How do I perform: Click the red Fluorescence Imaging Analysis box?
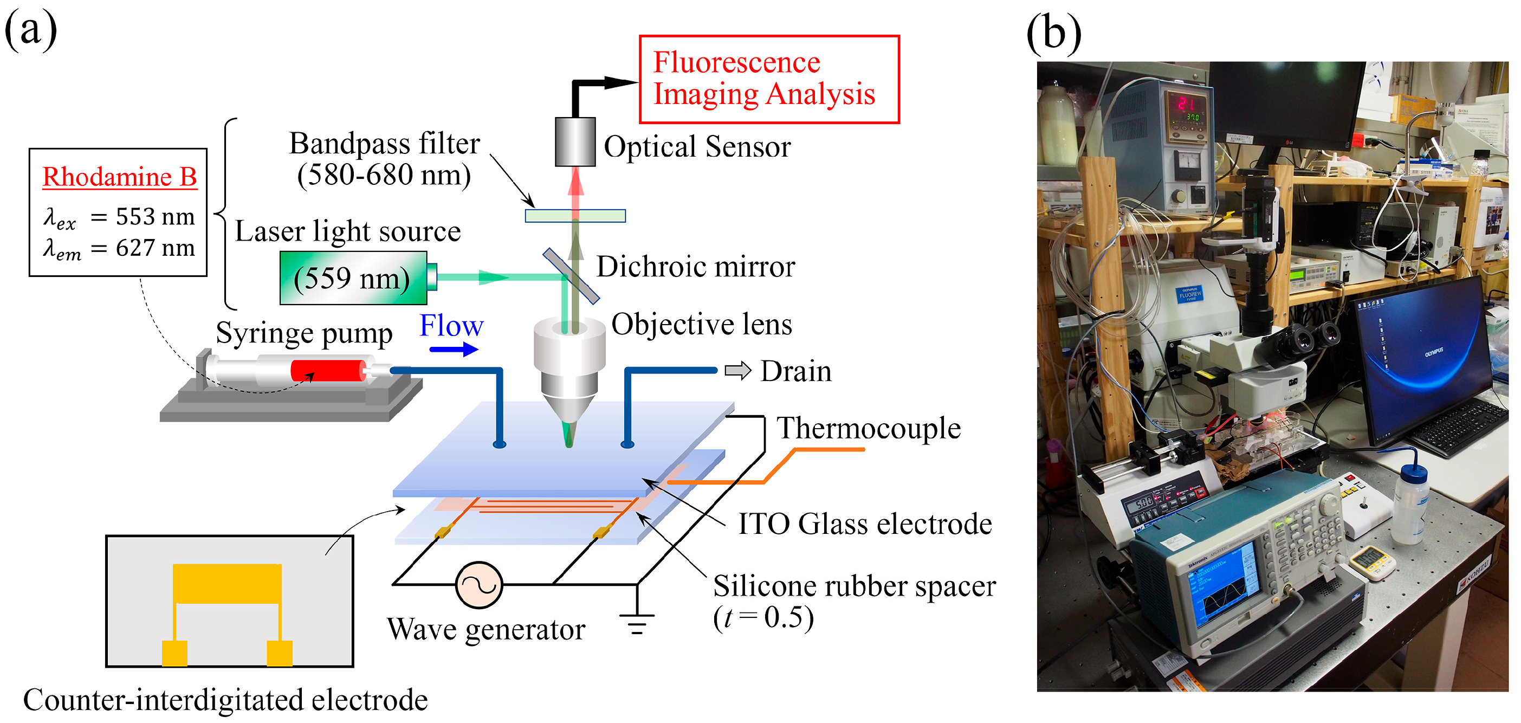(x=769, y=79)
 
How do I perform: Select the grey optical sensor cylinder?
(x=574, y=142)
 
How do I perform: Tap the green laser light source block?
(x=353, y=277)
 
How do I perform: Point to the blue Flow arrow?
(x=453, y=350)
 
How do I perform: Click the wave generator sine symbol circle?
(x=479, y=585)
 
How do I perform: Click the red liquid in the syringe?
(x=328, y=371)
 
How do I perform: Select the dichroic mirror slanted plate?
(x=571, y=275)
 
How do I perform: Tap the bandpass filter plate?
(x=574, y=216)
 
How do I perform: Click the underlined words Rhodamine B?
(x=119, y=177)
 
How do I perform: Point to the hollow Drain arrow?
(x=737, y=370)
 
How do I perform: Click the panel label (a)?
(x=31, y=29)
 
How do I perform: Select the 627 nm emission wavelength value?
(x=154, y=248)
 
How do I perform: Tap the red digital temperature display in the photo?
(x=1186, y=104)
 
